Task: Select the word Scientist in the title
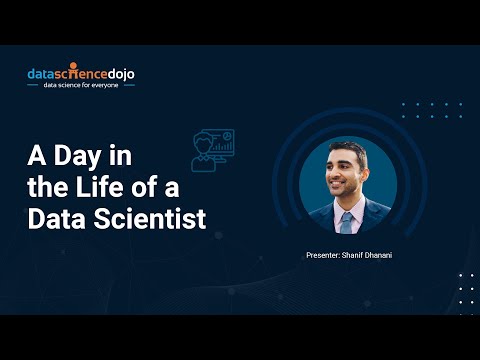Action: [x=146, y=218]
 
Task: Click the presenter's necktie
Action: [x=345, y=221]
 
